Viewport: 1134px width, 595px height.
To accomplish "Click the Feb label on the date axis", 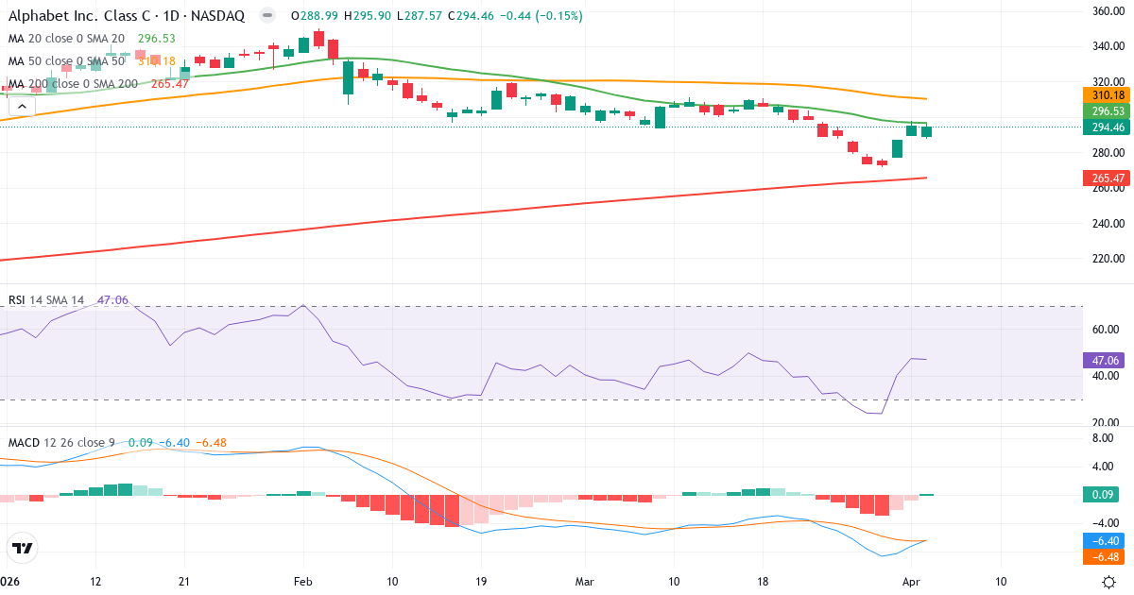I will (302, 582).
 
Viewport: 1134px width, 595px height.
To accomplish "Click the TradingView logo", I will (23, 548).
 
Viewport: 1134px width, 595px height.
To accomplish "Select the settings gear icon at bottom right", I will (1111, 582).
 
